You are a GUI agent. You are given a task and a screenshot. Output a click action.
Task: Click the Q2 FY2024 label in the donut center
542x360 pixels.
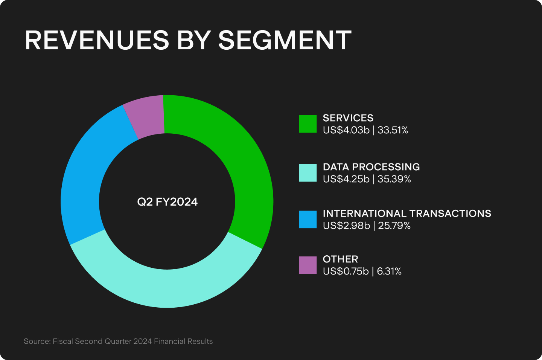tap(167, 202)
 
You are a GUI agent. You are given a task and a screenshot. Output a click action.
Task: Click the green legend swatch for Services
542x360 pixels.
tap(308, 124)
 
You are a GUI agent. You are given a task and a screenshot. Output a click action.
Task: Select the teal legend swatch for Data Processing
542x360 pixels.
tap(308, 173)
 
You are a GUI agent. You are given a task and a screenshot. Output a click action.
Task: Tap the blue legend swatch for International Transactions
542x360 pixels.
tap(308, 220)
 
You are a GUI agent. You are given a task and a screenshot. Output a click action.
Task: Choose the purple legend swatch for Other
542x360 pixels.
tap(308, 265)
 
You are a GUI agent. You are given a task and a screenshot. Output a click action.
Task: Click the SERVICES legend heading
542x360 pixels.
tap(348, 118)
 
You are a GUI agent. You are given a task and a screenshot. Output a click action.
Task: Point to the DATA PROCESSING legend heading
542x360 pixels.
tap(371, 167)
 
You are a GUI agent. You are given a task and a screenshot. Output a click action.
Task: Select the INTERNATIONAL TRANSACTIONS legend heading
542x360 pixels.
tap(407, 214)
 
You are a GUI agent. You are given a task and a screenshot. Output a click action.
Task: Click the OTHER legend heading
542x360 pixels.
tap(340, 259)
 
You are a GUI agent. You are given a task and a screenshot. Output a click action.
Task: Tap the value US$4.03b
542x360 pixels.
tap(346, 130)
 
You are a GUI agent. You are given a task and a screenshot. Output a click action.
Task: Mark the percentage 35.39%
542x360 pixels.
tap(394, 179)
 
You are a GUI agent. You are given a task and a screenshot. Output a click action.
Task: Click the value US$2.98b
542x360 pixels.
tap(346, 226)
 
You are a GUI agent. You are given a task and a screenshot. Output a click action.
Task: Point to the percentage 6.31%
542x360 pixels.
tap(389, 272)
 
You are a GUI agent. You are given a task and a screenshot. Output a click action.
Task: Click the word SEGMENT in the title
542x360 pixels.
tap(285, 40)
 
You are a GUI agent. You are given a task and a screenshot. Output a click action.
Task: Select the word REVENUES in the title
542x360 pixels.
tap(97, 40)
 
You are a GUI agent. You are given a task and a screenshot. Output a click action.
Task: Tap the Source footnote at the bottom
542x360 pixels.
tap(118, 341)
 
